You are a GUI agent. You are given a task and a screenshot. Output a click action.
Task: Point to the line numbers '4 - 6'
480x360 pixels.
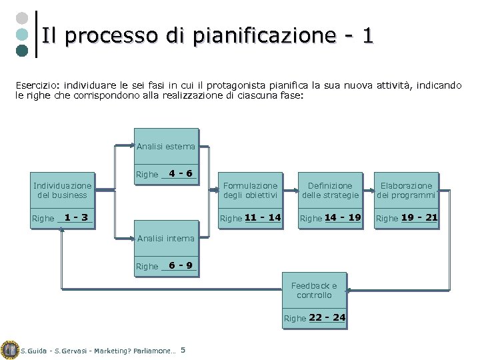(x=181, y=174)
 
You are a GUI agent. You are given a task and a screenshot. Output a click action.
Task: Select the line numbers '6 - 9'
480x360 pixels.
(x=181, y=265)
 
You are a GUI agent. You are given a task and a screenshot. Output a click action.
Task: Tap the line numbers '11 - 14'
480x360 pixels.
(x=263, y=217)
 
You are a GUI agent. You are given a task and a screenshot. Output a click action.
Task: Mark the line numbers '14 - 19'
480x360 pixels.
(x=343, y=217)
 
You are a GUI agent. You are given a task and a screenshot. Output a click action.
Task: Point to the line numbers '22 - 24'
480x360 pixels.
(x=327, y=317)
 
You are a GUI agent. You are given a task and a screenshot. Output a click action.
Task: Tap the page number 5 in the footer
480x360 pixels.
(x=183, y=350)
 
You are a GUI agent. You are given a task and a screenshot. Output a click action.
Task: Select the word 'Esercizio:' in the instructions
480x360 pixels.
(x=37, y=86)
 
